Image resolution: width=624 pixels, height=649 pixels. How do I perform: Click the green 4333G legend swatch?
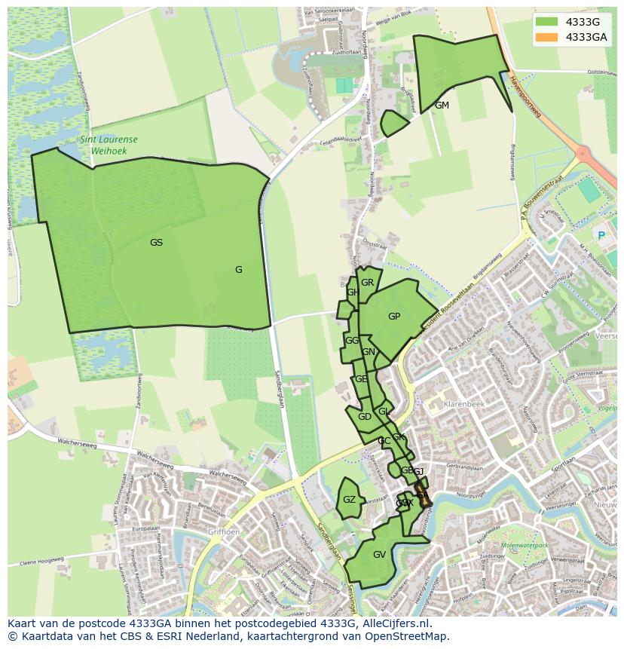click(548, 22)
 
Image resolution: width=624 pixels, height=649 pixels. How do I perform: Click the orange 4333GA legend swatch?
click(548, 37)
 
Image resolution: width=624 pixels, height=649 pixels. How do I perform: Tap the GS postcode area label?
click(156, 243)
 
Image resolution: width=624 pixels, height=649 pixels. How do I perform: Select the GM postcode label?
click(442, 106)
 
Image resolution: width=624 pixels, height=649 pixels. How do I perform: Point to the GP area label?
click(394, 317)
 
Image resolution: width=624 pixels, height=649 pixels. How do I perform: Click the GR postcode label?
click(367, 283)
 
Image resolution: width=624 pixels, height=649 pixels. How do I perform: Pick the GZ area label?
click(349, 500)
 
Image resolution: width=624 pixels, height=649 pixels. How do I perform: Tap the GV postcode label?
click(379, 555)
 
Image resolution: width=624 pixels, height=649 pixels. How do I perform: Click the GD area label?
click(364, 417)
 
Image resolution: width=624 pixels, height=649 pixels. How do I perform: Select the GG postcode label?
click(351, 341)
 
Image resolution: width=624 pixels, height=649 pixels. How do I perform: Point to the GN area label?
click(369, 352)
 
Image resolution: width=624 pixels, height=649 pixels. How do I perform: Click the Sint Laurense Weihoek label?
click(109, 145)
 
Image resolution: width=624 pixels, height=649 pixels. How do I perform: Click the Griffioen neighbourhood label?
click(224, 531)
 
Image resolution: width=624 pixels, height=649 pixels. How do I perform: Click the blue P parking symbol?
click(601, 235)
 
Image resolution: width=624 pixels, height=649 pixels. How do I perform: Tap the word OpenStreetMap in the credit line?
click(412, 636)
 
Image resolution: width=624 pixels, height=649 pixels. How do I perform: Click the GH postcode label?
click(352, 292)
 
